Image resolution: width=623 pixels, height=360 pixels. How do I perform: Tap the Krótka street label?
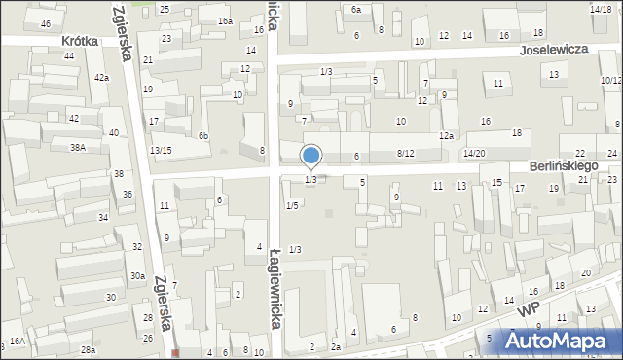83,41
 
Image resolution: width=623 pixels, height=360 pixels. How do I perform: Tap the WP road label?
530,307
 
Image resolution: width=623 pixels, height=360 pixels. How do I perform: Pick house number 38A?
78,147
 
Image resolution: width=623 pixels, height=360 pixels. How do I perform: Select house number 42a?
101,77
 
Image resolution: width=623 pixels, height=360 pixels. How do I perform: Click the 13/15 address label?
161,150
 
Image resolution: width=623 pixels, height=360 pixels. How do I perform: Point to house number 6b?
203,135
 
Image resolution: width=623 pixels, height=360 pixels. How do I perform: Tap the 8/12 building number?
405,154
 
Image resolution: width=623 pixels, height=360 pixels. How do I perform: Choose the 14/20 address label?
474,154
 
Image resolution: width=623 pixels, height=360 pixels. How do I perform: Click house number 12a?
446,135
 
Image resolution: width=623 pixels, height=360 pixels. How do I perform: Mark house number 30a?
138,276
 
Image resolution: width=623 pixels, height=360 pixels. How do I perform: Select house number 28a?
88,349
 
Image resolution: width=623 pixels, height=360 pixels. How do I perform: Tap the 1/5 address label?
292,205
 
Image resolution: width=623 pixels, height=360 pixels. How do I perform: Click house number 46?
45,23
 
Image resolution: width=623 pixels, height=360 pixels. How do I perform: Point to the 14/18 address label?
601,8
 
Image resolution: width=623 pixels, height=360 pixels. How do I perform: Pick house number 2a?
336,346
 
